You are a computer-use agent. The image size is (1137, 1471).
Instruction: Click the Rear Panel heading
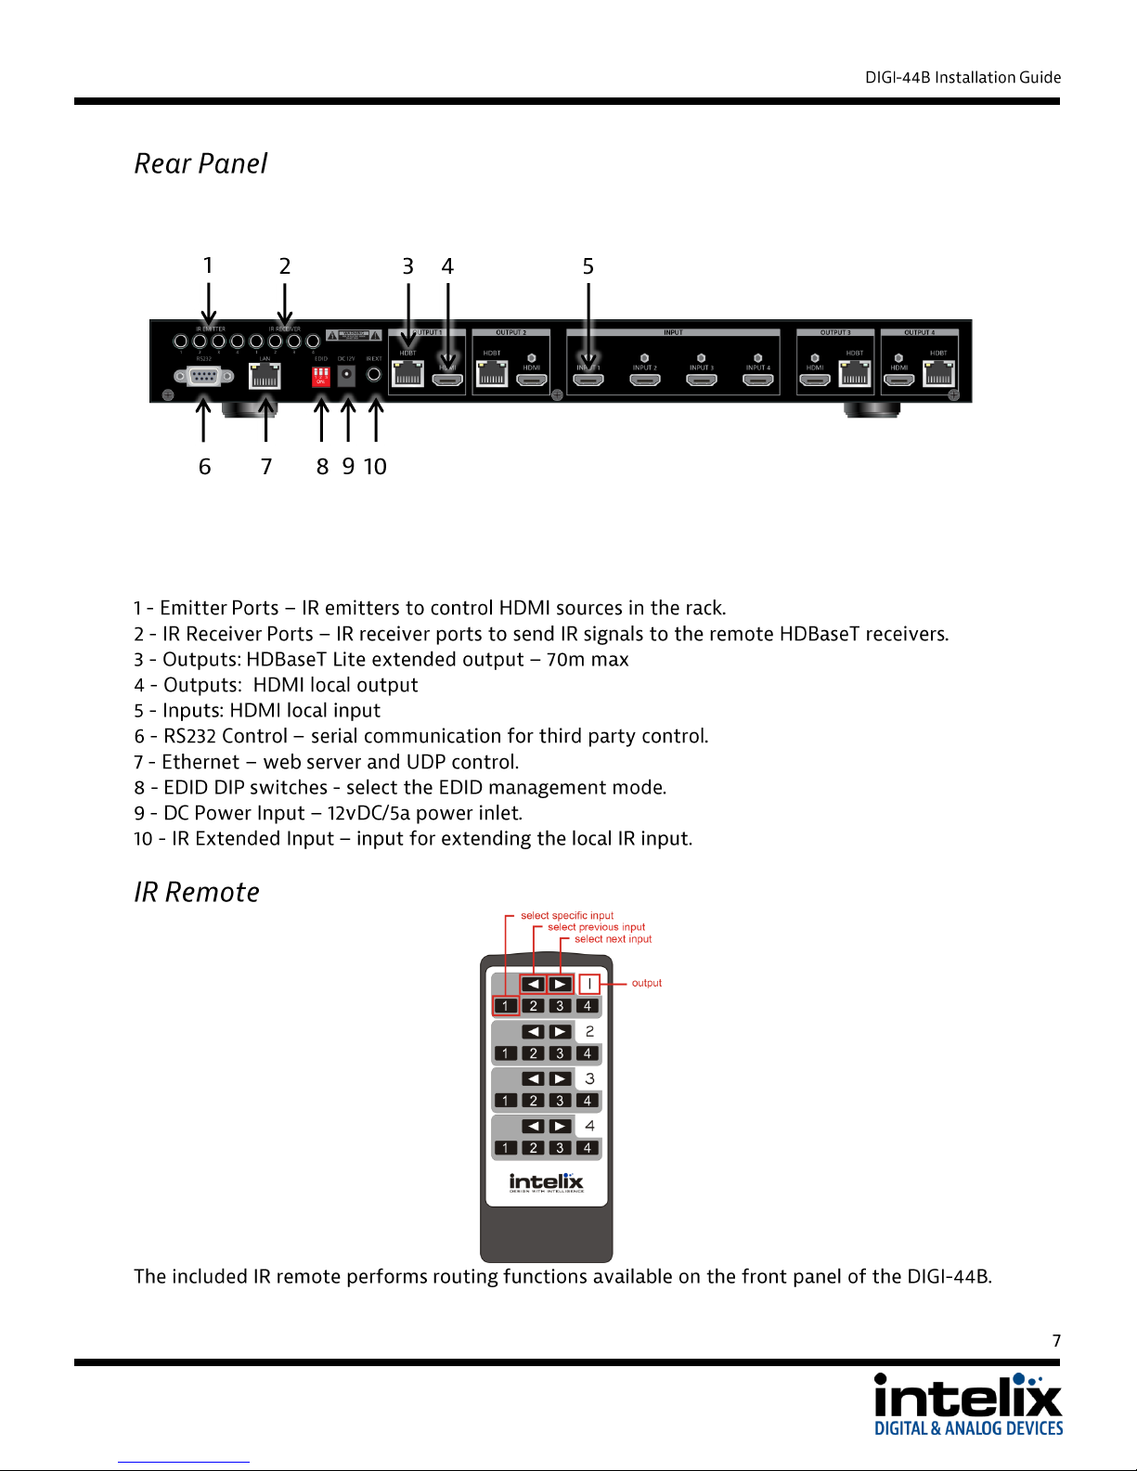click(200, 164)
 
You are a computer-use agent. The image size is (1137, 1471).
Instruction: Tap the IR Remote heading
click(197, 893)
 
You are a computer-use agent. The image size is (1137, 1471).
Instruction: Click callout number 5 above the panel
click(588, 267)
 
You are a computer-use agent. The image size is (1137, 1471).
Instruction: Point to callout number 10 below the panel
click(375, 467)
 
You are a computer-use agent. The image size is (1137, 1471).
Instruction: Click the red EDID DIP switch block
click(320, 376)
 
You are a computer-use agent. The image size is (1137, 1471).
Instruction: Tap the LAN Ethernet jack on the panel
click(265, 376)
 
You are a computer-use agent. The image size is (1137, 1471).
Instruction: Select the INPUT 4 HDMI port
click(758, 379)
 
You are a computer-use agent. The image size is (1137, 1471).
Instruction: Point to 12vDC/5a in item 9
click(368, 813)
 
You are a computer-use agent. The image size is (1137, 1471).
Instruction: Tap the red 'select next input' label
click(613, 939)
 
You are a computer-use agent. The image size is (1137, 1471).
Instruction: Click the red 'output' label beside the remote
click(647, 983)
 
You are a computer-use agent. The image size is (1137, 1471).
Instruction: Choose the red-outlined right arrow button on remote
click(560, 984)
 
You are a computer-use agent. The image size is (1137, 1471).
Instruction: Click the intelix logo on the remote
click(546, 1181)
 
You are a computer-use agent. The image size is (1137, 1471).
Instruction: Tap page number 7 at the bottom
click(1056, 1340)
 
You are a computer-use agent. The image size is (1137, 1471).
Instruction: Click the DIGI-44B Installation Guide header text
click(963, 78)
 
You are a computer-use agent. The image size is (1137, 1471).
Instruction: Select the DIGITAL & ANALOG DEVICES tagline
click(968, 1428)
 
